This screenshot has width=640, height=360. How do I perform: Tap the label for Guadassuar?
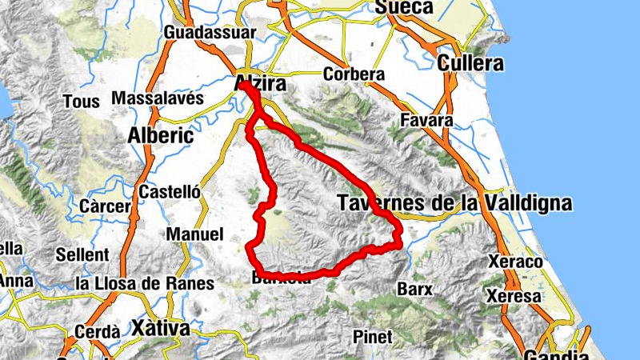pos(210,33)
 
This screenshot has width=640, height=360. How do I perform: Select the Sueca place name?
pos(404,8)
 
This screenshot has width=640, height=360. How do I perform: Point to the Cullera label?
pos(471,63)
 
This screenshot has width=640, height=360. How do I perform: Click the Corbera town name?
pos(354,74)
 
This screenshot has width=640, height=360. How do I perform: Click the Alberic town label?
pos(161,135)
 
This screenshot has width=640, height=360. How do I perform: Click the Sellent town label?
pos(82,255)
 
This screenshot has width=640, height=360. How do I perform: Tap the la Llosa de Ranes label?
pos(144,283)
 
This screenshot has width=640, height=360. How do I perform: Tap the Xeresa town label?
pos(518,296)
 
